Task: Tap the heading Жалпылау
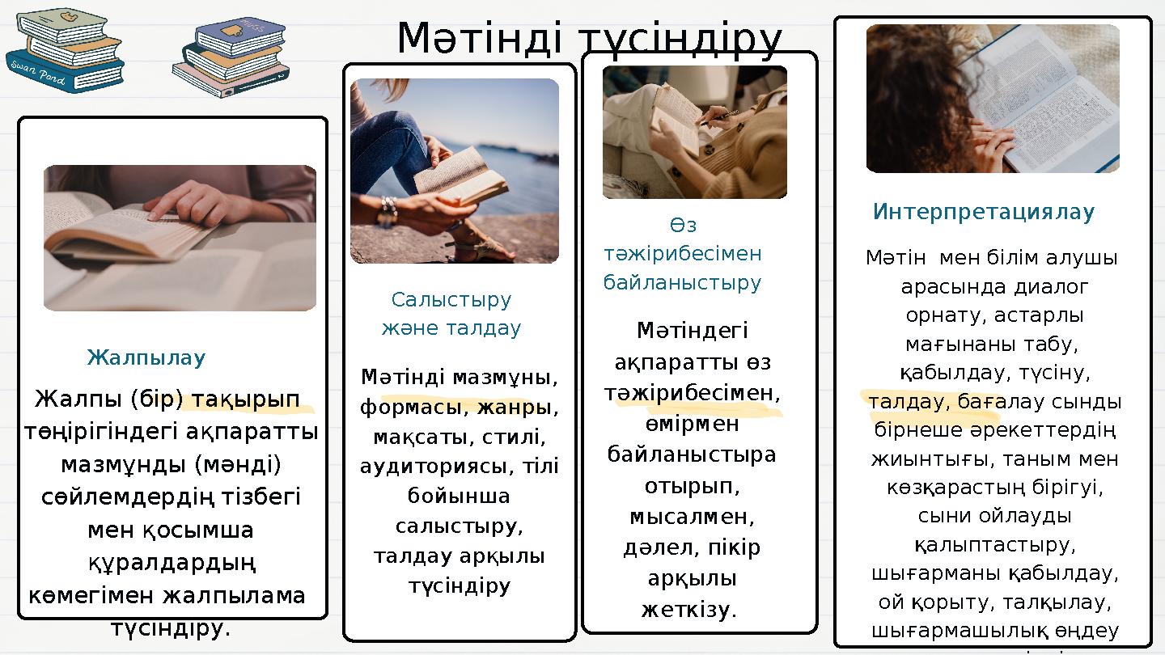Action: tap(146, 357)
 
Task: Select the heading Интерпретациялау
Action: tap(984, 213)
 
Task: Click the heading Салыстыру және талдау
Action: tap(451, 315)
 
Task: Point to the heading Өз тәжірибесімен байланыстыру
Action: tap(682, 254)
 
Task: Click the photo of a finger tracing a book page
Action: tap(180, 238)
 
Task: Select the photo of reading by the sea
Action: tap(455, 171)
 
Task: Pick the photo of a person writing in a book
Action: tap(695, 133)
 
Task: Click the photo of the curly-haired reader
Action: tap(993, 99)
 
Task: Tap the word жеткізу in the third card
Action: tap(685, 608)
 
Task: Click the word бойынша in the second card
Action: tap(459, 497)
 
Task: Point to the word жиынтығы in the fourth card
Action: tap(924, 459)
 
